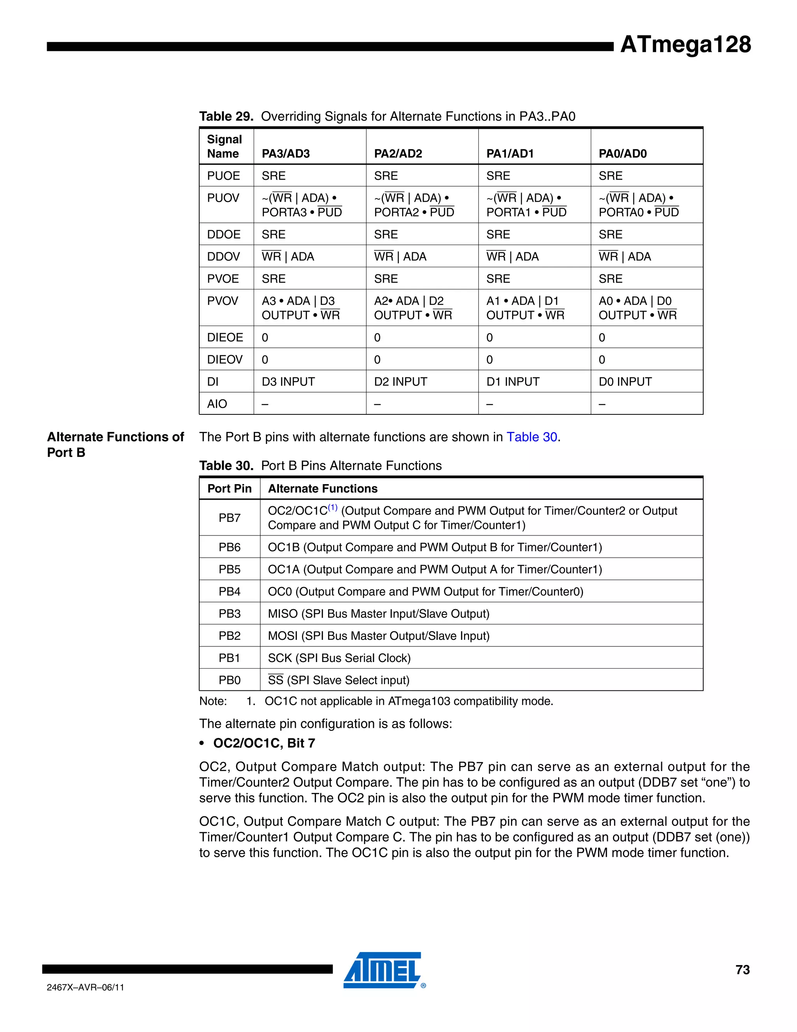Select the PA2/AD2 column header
click(x=398, y=153)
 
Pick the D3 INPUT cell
click(x=288, y=382)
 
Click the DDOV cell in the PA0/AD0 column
click(x=624, y=257)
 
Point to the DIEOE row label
click(x=225, y=337)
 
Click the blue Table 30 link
click(x=532, y=437)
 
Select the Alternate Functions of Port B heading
click(x=115, y=444)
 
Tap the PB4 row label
click(x=230, y=592)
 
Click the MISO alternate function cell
click(x=378, y=614)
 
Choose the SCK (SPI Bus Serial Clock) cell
click(x=339, y=658)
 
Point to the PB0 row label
click(x=230, y=680)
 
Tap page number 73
click(x=742, y=970)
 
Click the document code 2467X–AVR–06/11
click(x=86, y=988)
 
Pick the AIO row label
click(x=217, y=404)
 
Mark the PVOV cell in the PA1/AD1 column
click(x=525, y=308)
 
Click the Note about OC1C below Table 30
click(x=376, y=701)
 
